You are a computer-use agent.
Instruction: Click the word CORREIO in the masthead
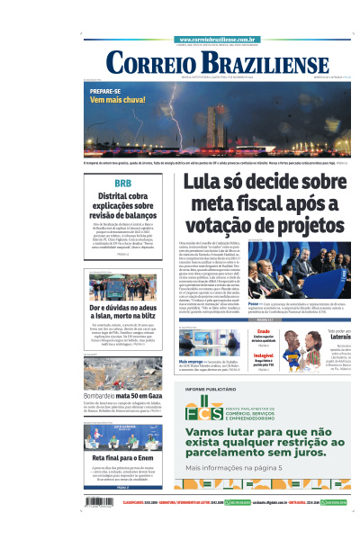point(152,63)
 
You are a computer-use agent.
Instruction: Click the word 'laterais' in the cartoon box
point(327,339)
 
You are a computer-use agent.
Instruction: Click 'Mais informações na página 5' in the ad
point(233,468)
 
